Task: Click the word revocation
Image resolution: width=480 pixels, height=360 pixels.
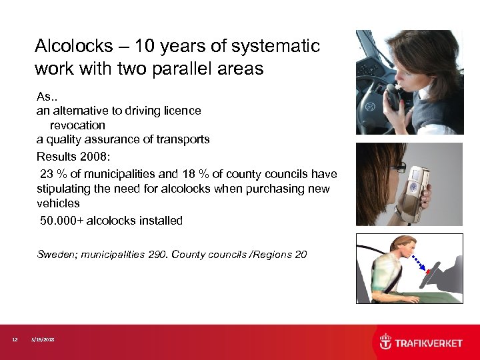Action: point(77,125)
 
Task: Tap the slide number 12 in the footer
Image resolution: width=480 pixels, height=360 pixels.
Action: point(15,340)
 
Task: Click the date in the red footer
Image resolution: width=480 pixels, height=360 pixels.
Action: point(43,340)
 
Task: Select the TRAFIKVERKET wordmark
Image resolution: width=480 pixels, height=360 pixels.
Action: point(429,343)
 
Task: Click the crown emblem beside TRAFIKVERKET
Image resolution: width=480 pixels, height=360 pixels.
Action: point(386,342)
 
